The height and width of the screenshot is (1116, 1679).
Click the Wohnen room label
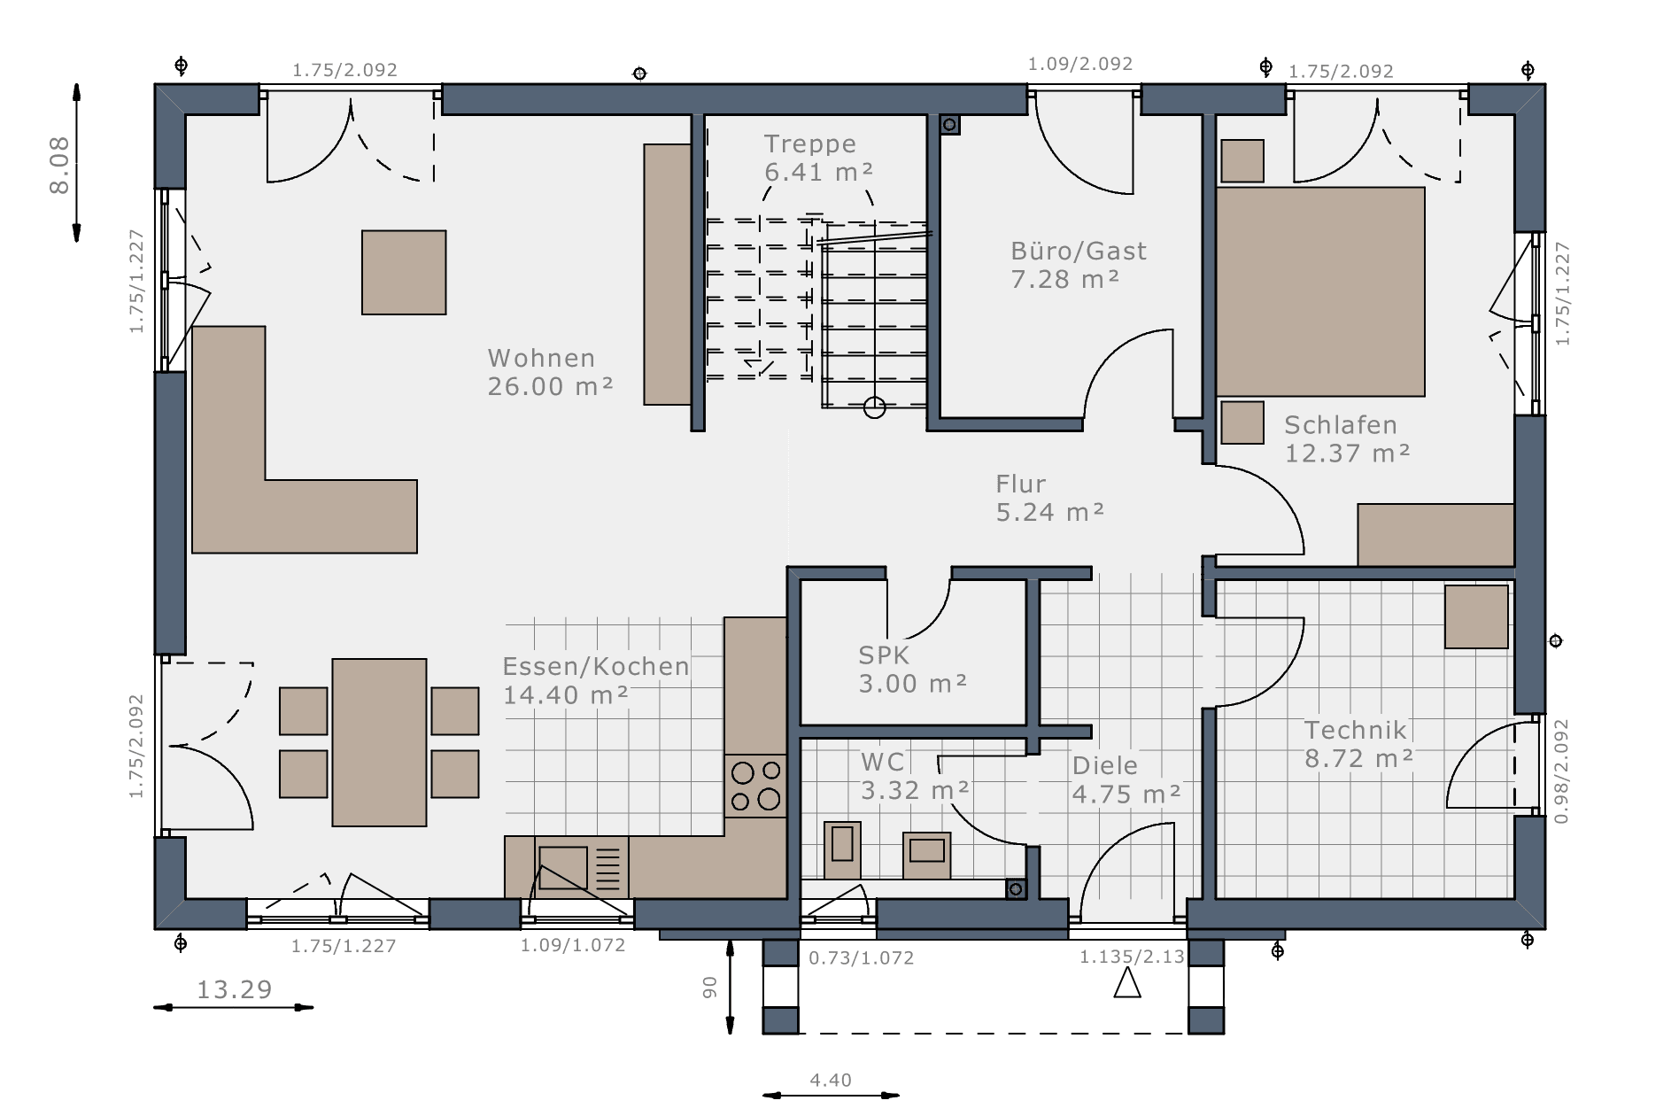pos(541,359)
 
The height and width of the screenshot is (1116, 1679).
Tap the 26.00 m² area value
pos(550,386)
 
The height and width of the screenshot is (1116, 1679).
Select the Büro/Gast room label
pos(1079,252)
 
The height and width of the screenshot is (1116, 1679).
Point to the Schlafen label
pos(1341,425)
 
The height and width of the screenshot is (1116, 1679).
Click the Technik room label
pos(1356,730)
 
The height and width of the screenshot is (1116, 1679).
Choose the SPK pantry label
pos(884,655)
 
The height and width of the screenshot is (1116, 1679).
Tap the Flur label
pos(1021,484)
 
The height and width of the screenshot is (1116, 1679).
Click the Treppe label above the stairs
pos(810,143)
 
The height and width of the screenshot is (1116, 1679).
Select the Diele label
pos(1105,765)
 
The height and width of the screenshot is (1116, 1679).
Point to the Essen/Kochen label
pos(596,667)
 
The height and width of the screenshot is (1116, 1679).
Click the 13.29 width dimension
pos(234,989)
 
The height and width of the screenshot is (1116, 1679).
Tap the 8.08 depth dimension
pos(59,165)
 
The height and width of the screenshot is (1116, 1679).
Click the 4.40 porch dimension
pos(831,1080)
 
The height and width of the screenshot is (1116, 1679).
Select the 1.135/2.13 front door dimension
pos(1132,957)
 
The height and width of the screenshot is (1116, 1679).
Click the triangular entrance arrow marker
pos(1126,982)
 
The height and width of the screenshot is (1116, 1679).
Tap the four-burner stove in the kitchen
pos(755,786)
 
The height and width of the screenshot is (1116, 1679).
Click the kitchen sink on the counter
pos(562,868)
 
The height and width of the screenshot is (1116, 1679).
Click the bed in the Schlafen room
pos(1320,291)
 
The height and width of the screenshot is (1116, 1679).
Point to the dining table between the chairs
pos(380,742)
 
